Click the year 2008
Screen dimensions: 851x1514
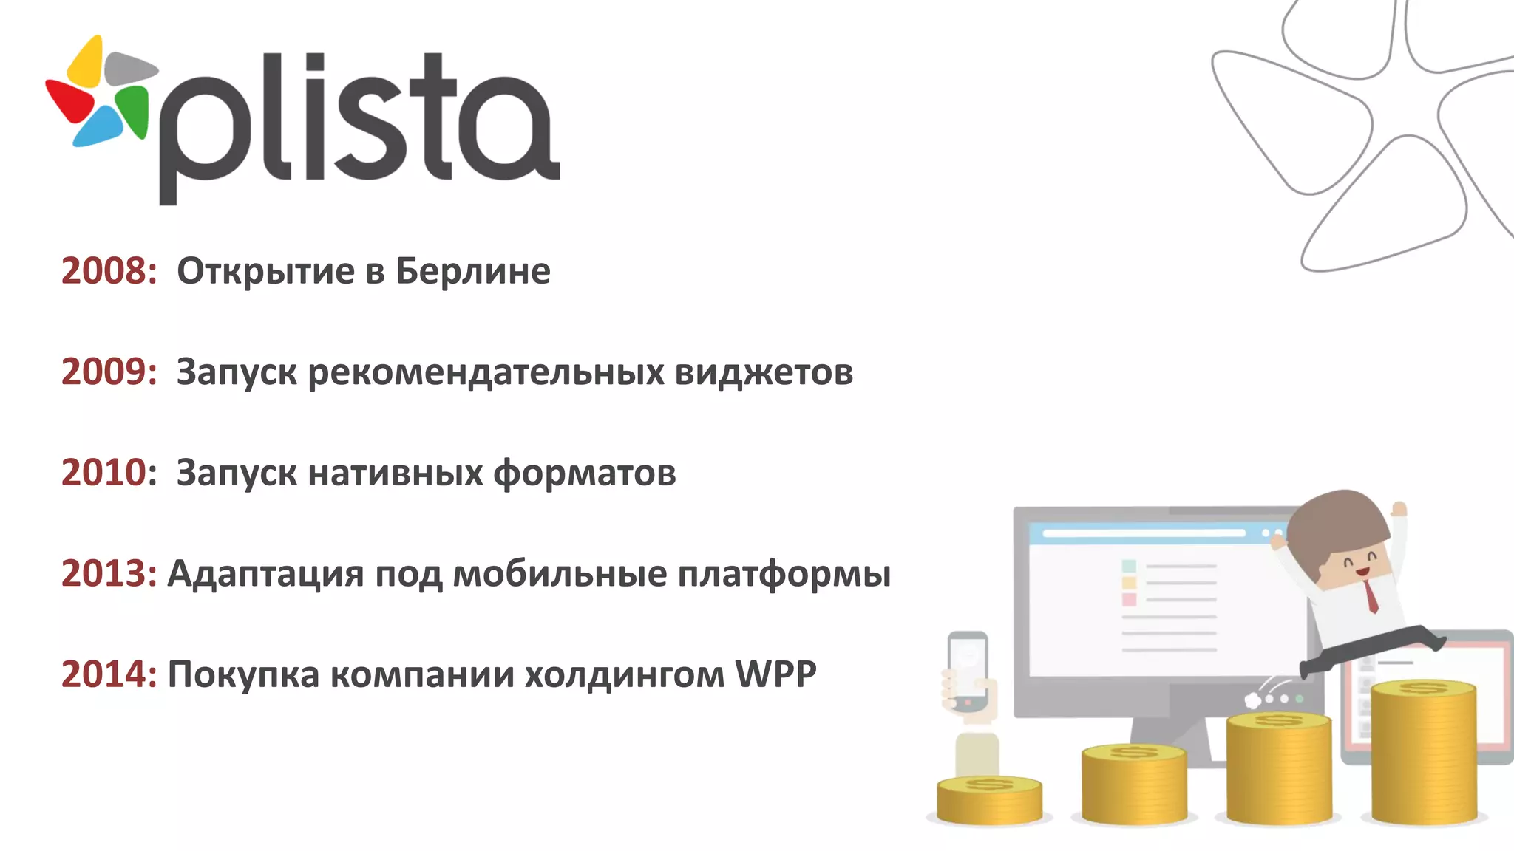(x=108, y=271)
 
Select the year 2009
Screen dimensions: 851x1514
(x=108, y=372)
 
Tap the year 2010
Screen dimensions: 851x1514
(x=108, y=473)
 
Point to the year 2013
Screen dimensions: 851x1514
(x=108, y=574)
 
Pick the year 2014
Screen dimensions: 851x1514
(x=108, y=674)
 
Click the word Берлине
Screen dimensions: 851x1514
(x=473, y=271)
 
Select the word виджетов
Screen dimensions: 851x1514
(x=764, y=372)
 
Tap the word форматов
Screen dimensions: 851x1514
(x=584, y=473)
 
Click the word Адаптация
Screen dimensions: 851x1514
(x=266, y=574)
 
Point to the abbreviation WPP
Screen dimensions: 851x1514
(x=775, y=674)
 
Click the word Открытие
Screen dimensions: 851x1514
(x=265, y=271)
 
